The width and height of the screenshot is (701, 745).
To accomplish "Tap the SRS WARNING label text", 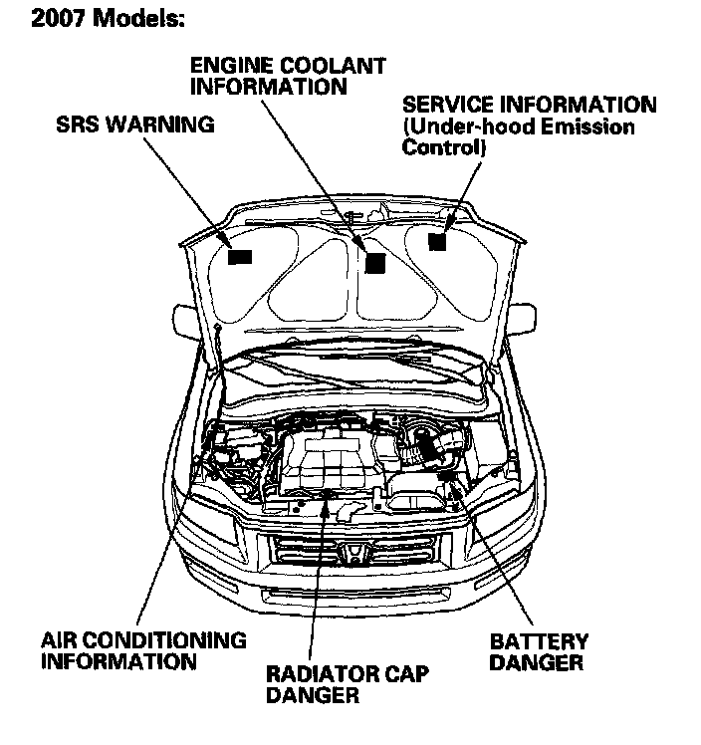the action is tap(134, 125).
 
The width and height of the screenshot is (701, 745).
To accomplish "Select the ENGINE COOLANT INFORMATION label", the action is tap(287, 76).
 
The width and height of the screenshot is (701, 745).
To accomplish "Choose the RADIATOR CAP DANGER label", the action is tap(347, 685).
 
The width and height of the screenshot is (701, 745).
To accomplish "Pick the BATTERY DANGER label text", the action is tap(539, 651).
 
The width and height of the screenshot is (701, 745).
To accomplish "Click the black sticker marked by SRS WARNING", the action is tap(240, 256).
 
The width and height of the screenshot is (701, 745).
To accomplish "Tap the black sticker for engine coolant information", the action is tap(374, 262).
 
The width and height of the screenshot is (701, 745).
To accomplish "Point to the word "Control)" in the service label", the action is tap(444, 147).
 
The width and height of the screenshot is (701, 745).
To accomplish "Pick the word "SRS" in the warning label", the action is tap(76, 125).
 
